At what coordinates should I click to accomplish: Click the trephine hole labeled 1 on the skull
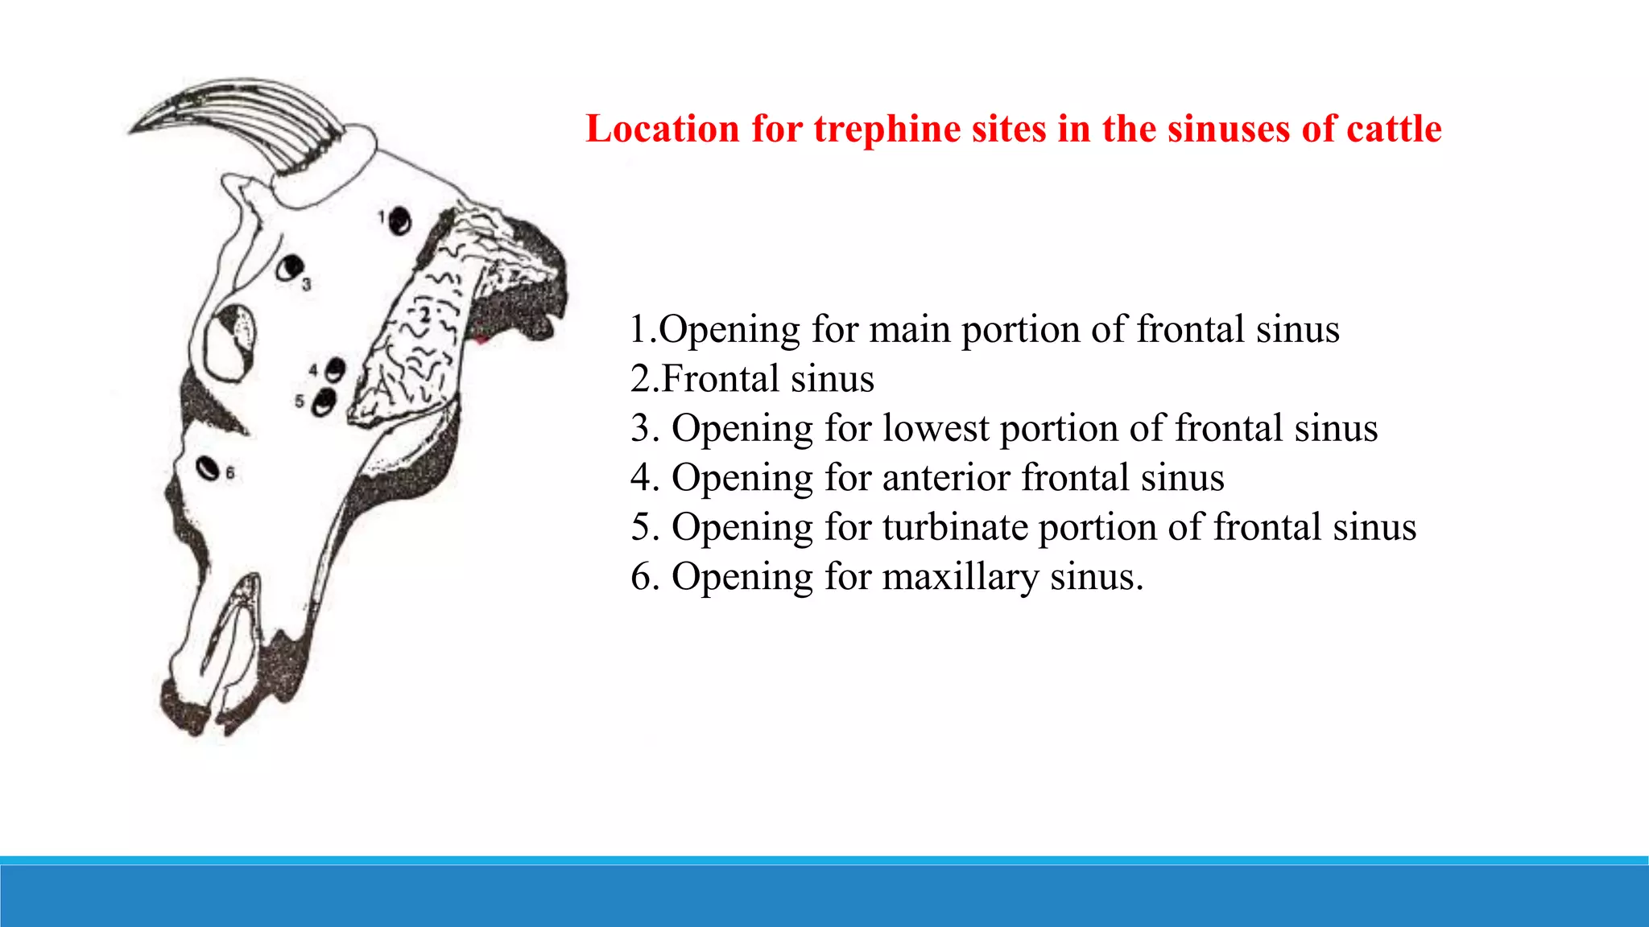pyautogui.click(x=399, y=220)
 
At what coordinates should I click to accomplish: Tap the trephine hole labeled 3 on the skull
pyautogui.click(x=289, y=267)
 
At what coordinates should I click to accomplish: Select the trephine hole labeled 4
pyautogui.click(x=335, y=370)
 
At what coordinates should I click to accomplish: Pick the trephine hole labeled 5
pyautogui.click(x=324, y=402)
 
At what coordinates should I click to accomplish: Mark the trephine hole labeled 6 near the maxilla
pyautogui.click(x=208, y=468)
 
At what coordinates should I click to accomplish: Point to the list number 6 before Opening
pyautogui.click(x=642, y=577)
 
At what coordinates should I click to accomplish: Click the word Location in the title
pyautogui.click(x=662, y=129)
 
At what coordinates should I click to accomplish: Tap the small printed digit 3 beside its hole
pyautogui.click(x=307, y=284)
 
